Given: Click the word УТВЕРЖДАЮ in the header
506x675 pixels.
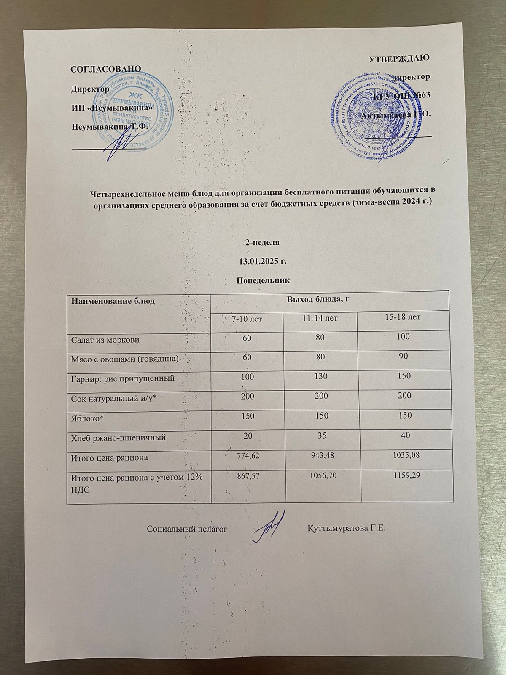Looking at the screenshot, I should click(399, 58).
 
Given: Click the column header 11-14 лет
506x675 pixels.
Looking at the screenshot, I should click(319, 318).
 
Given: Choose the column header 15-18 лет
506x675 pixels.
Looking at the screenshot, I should click(399, 316).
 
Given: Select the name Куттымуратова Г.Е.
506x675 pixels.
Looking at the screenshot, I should click(347, 528).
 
